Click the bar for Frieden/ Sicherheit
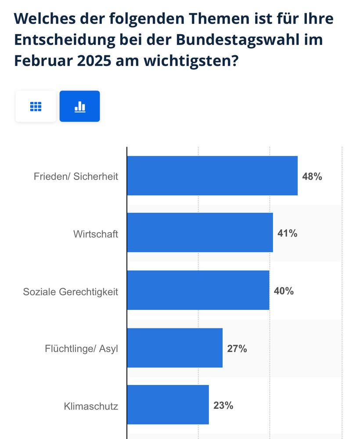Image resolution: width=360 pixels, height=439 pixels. (x=212, y=176)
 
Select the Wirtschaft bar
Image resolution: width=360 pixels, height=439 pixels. (x=200, y=233)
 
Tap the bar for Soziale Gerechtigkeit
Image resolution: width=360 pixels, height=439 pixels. (x=198, y=290)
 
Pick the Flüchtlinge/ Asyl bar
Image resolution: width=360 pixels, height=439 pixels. (x=175, y=348)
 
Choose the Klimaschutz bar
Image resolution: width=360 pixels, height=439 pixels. (x=168, y=405)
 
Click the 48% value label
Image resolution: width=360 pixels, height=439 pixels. (x=312, y=177)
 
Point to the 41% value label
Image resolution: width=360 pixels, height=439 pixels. (x=288, y=234)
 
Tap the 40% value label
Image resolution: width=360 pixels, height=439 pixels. (x=284, y=291)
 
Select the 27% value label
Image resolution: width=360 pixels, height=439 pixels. (x=237, y=349)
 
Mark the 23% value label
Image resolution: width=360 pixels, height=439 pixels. (x=223, y=406)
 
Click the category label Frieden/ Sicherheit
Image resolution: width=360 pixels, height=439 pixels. (x=76, y=177)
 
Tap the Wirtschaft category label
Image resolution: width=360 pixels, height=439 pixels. (x=96, y=234)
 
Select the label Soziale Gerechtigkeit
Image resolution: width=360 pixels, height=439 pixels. (x=71, y=292)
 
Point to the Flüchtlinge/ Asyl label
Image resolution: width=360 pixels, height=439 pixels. (x=82, y=349)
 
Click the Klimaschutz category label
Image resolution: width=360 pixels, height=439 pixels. (x=91, y=407)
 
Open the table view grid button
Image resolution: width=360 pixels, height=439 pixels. (x=36, y=106)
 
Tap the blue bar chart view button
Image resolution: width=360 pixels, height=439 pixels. (x=79, y=106)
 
